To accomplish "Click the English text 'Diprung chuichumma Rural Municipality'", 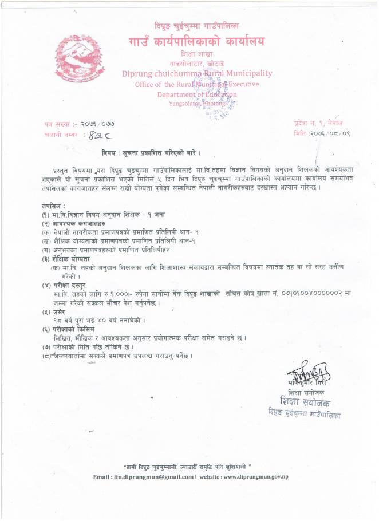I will pyautogui.click(x=197, y=73).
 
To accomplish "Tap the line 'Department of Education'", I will pyautogui.click(x=197, y=94).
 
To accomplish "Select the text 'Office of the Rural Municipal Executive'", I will pyautogui.click(x=197, y=84).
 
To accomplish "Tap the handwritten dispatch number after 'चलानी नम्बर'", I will pyautogui.click(x=94, y=135).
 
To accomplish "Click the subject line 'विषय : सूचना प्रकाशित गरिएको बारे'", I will pyautogui.click(x=152, y=154).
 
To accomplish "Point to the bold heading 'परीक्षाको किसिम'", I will pyautogui.click(x=72, y=329).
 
